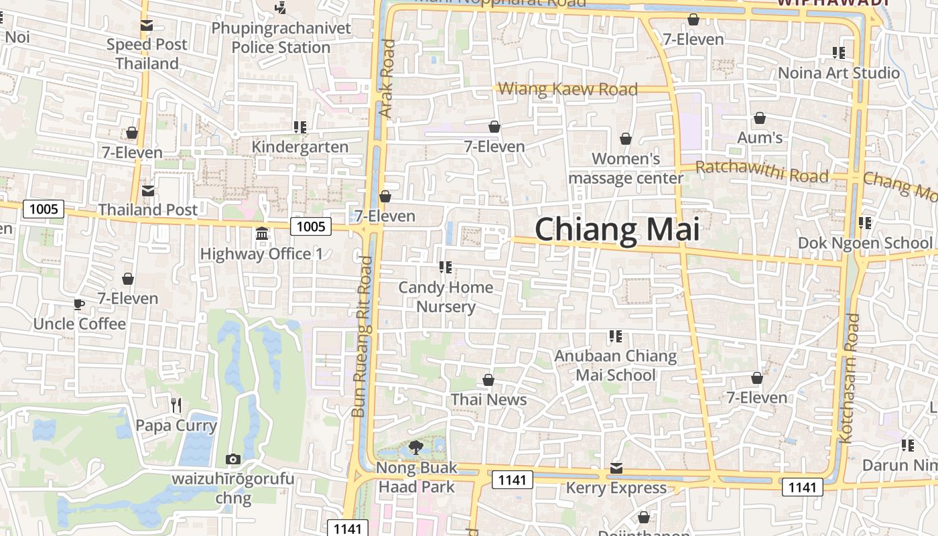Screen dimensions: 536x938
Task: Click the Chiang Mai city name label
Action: pos(616,230)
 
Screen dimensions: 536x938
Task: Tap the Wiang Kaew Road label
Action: pos(567,89)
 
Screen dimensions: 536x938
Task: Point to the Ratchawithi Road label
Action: pos(762,172)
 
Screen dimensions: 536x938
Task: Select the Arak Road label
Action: pos(388,78)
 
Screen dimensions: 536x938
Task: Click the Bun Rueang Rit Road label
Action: pos(362,336)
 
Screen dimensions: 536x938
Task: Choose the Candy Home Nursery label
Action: pos(446,297)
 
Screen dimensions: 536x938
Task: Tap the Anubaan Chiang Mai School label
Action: pos(615,365)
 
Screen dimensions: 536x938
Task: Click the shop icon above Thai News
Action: pos(488,380)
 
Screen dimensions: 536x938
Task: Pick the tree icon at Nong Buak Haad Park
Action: pos(416,447)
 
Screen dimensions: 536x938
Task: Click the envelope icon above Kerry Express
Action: pos(616,468)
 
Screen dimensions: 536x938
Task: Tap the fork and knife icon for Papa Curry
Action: pos(176,405)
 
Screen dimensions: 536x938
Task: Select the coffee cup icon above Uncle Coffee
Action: pos(79,305)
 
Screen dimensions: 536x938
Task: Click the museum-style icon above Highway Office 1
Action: pos(261,234)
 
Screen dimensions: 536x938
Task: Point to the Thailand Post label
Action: pos(148,210)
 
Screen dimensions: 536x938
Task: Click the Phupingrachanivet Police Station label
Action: pos(281,38)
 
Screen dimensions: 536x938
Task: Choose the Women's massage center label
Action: pos(626,168)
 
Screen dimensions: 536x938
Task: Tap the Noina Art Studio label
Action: pos(838,72)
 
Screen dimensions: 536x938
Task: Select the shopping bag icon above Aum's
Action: pos(760,119)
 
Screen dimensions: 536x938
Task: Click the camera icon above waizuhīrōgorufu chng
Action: pos(232,459)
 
